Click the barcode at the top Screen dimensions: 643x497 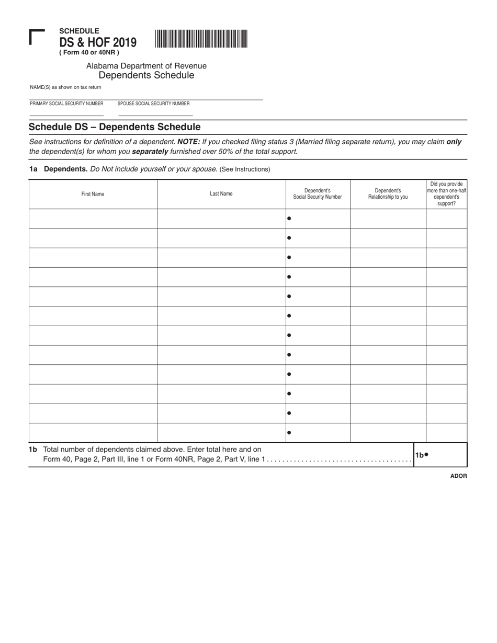pos(201,39)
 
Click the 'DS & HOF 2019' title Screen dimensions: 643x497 pos(98,42)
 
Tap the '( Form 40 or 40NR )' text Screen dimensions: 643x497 pos(89,52)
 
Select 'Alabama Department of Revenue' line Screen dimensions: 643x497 pos(146,66)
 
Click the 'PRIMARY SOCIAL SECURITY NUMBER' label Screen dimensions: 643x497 pos(66,104)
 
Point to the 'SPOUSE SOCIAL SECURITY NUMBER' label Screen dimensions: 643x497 pos(153,104)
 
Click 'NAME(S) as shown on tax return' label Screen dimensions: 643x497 pos(65,87)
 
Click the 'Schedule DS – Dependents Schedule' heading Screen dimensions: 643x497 pos(115,127)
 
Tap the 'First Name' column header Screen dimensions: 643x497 pos(93,194)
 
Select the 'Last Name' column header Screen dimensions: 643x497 pos(221,194)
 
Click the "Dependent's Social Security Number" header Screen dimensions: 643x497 pos(318,194)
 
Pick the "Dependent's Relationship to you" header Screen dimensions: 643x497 pos(388,194)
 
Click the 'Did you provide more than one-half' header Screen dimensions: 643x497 pos(446,194)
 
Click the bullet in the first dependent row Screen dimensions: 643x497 pos(289,219)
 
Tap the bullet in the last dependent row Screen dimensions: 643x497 pos(289,433)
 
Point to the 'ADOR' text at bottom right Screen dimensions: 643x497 pos(458,476)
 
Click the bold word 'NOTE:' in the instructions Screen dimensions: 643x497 pos(189,142)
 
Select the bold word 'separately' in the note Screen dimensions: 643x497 pos(150,152)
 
